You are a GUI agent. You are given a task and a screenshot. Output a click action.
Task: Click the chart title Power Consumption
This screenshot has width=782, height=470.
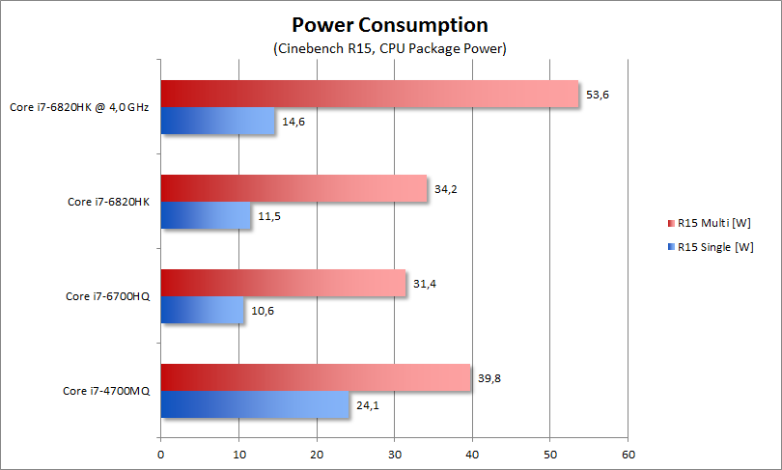point(390,24)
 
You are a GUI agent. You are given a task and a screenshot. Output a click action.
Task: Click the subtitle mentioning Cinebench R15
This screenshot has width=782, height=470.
point(390,47)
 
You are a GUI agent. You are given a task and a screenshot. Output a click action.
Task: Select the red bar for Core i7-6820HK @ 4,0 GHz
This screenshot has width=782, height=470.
point(369,94)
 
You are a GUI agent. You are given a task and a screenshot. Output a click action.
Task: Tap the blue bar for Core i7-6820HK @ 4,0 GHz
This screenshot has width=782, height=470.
point(217,122)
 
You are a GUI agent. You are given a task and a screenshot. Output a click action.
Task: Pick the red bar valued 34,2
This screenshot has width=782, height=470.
point(293,188)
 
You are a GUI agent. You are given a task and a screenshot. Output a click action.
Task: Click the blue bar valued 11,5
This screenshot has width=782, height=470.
point(206,216)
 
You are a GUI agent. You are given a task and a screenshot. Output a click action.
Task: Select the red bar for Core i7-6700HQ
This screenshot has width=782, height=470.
point(283,283)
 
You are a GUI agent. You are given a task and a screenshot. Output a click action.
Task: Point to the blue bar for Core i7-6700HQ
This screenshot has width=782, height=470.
point(202,311)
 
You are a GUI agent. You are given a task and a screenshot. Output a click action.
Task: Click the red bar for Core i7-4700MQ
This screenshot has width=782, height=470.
point(316,377)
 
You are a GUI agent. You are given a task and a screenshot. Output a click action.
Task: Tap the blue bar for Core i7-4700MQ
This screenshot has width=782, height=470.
point(255,405)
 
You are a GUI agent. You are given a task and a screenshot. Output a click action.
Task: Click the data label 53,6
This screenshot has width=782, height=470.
point(598,95)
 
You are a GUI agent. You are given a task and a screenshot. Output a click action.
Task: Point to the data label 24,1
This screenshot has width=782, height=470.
point(368,405)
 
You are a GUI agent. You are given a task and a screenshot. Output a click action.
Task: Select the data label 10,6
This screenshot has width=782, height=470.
point(263,311)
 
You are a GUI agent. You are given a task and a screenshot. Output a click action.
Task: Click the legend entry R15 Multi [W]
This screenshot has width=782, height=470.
point(713,223)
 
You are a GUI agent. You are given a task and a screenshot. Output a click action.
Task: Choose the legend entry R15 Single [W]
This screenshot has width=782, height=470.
point(715,246)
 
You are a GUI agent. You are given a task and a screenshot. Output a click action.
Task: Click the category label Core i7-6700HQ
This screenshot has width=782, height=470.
point(106,296)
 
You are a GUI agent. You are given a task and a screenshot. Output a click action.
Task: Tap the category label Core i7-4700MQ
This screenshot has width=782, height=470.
point(106,391)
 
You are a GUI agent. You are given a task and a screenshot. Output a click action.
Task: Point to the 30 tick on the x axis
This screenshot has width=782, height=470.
point(394,453)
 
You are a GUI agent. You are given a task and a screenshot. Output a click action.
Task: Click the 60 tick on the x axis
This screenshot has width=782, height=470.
point(628,453)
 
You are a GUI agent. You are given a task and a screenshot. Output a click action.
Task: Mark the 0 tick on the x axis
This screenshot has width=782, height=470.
point(160,453)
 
